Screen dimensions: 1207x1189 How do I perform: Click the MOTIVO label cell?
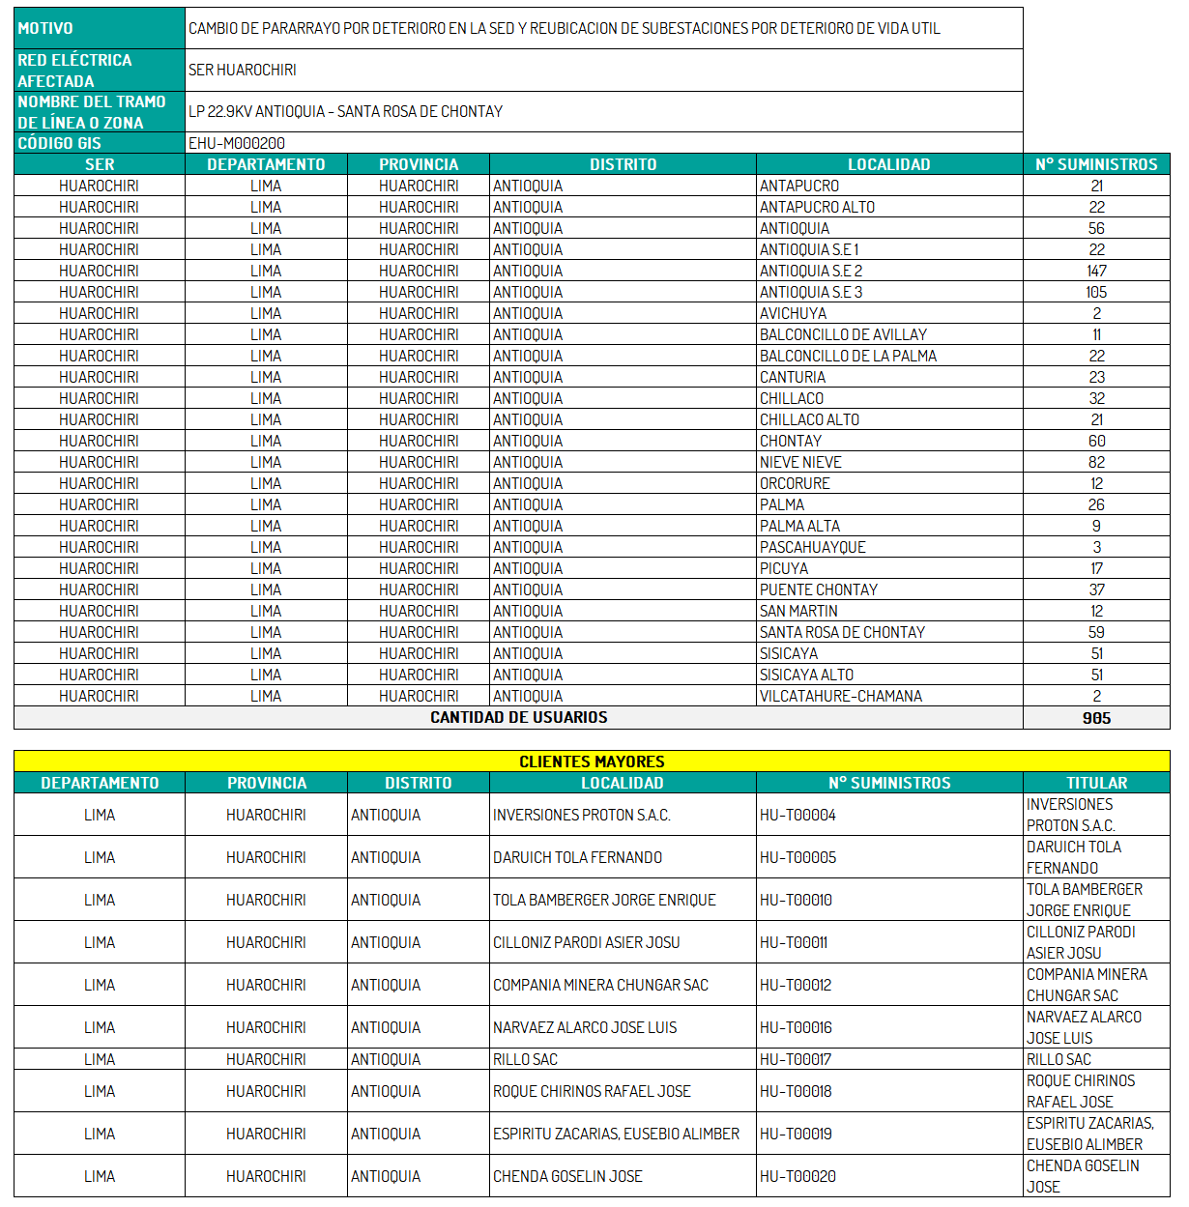(45, 28)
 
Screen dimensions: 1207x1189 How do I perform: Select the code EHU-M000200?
(237, 143)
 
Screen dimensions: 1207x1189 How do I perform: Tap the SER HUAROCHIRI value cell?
(243, 70)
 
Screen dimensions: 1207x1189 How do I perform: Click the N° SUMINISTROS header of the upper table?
(1096, 164)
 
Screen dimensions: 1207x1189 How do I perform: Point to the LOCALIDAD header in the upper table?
(888, 164)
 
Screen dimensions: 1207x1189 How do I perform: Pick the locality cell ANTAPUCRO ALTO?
(817, 207)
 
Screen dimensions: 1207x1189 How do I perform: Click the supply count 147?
(1096, 271)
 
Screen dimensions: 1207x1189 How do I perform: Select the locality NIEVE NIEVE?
(800, 462)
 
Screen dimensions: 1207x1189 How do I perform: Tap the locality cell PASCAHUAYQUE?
(812, 547)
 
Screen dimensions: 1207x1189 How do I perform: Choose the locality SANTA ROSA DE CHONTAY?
(842, 632)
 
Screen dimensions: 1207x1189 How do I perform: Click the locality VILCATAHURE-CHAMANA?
(840, 696)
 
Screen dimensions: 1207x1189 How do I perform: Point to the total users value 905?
(1096, 718)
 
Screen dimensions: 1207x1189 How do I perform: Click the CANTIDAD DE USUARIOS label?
(518, 717)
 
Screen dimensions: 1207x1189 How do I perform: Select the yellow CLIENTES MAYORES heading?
(592, 762)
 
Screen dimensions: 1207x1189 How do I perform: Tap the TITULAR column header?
(1096, 783)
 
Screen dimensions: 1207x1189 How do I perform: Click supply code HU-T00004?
(797, 815)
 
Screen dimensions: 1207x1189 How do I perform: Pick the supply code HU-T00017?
(796, 1059)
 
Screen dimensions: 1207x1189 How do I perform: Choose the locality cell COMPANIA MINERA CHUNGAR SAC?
(600, 985)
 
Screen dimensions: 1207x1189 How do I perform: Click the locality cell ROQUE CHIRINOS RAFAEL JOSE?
(592, 1091)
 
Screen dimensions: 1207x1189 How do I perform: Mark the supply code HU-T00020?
(797, 1176)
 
